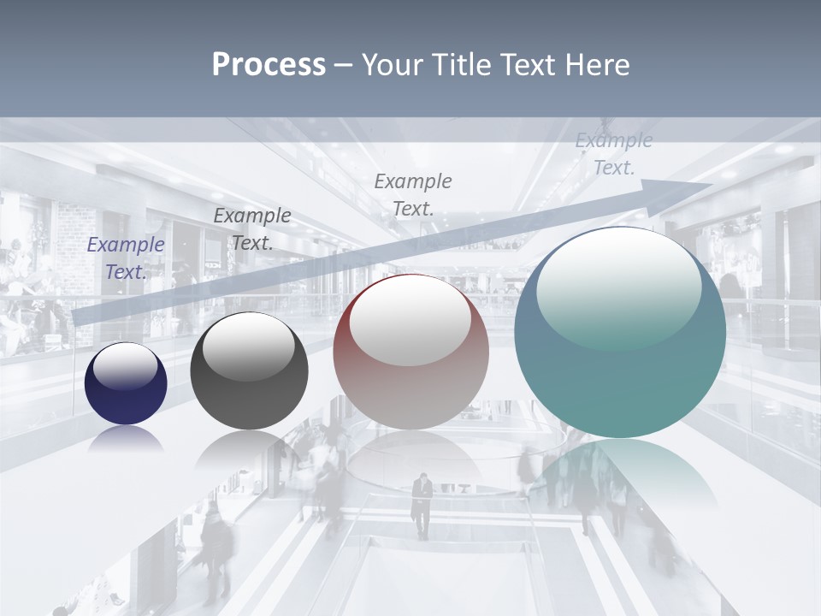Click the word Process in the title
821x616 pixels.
pyautogui.click(x=269, y=65)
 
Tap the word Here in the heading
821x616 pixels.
pyautogui.click(x=599, y=65)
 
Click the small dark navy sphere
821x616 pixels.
pyautogui.click(x=126, y=383)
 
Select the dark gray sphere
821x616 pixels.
pyautogui.click(x=249, y=371)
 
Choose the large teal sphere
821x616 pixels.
pyautogui.click(x=620, y=332)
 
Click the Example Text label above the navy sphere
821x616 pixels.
pyautogui.click(x=126, y=258)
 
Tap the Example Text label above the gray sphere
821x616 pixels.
pyautogui.click(x=252, y=228)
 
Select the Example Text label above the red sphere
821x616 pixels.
pyautogui.click(x=413, y=194)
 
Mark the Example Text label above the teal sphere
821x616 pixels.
pyautogui.click(x=614, y=154)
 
